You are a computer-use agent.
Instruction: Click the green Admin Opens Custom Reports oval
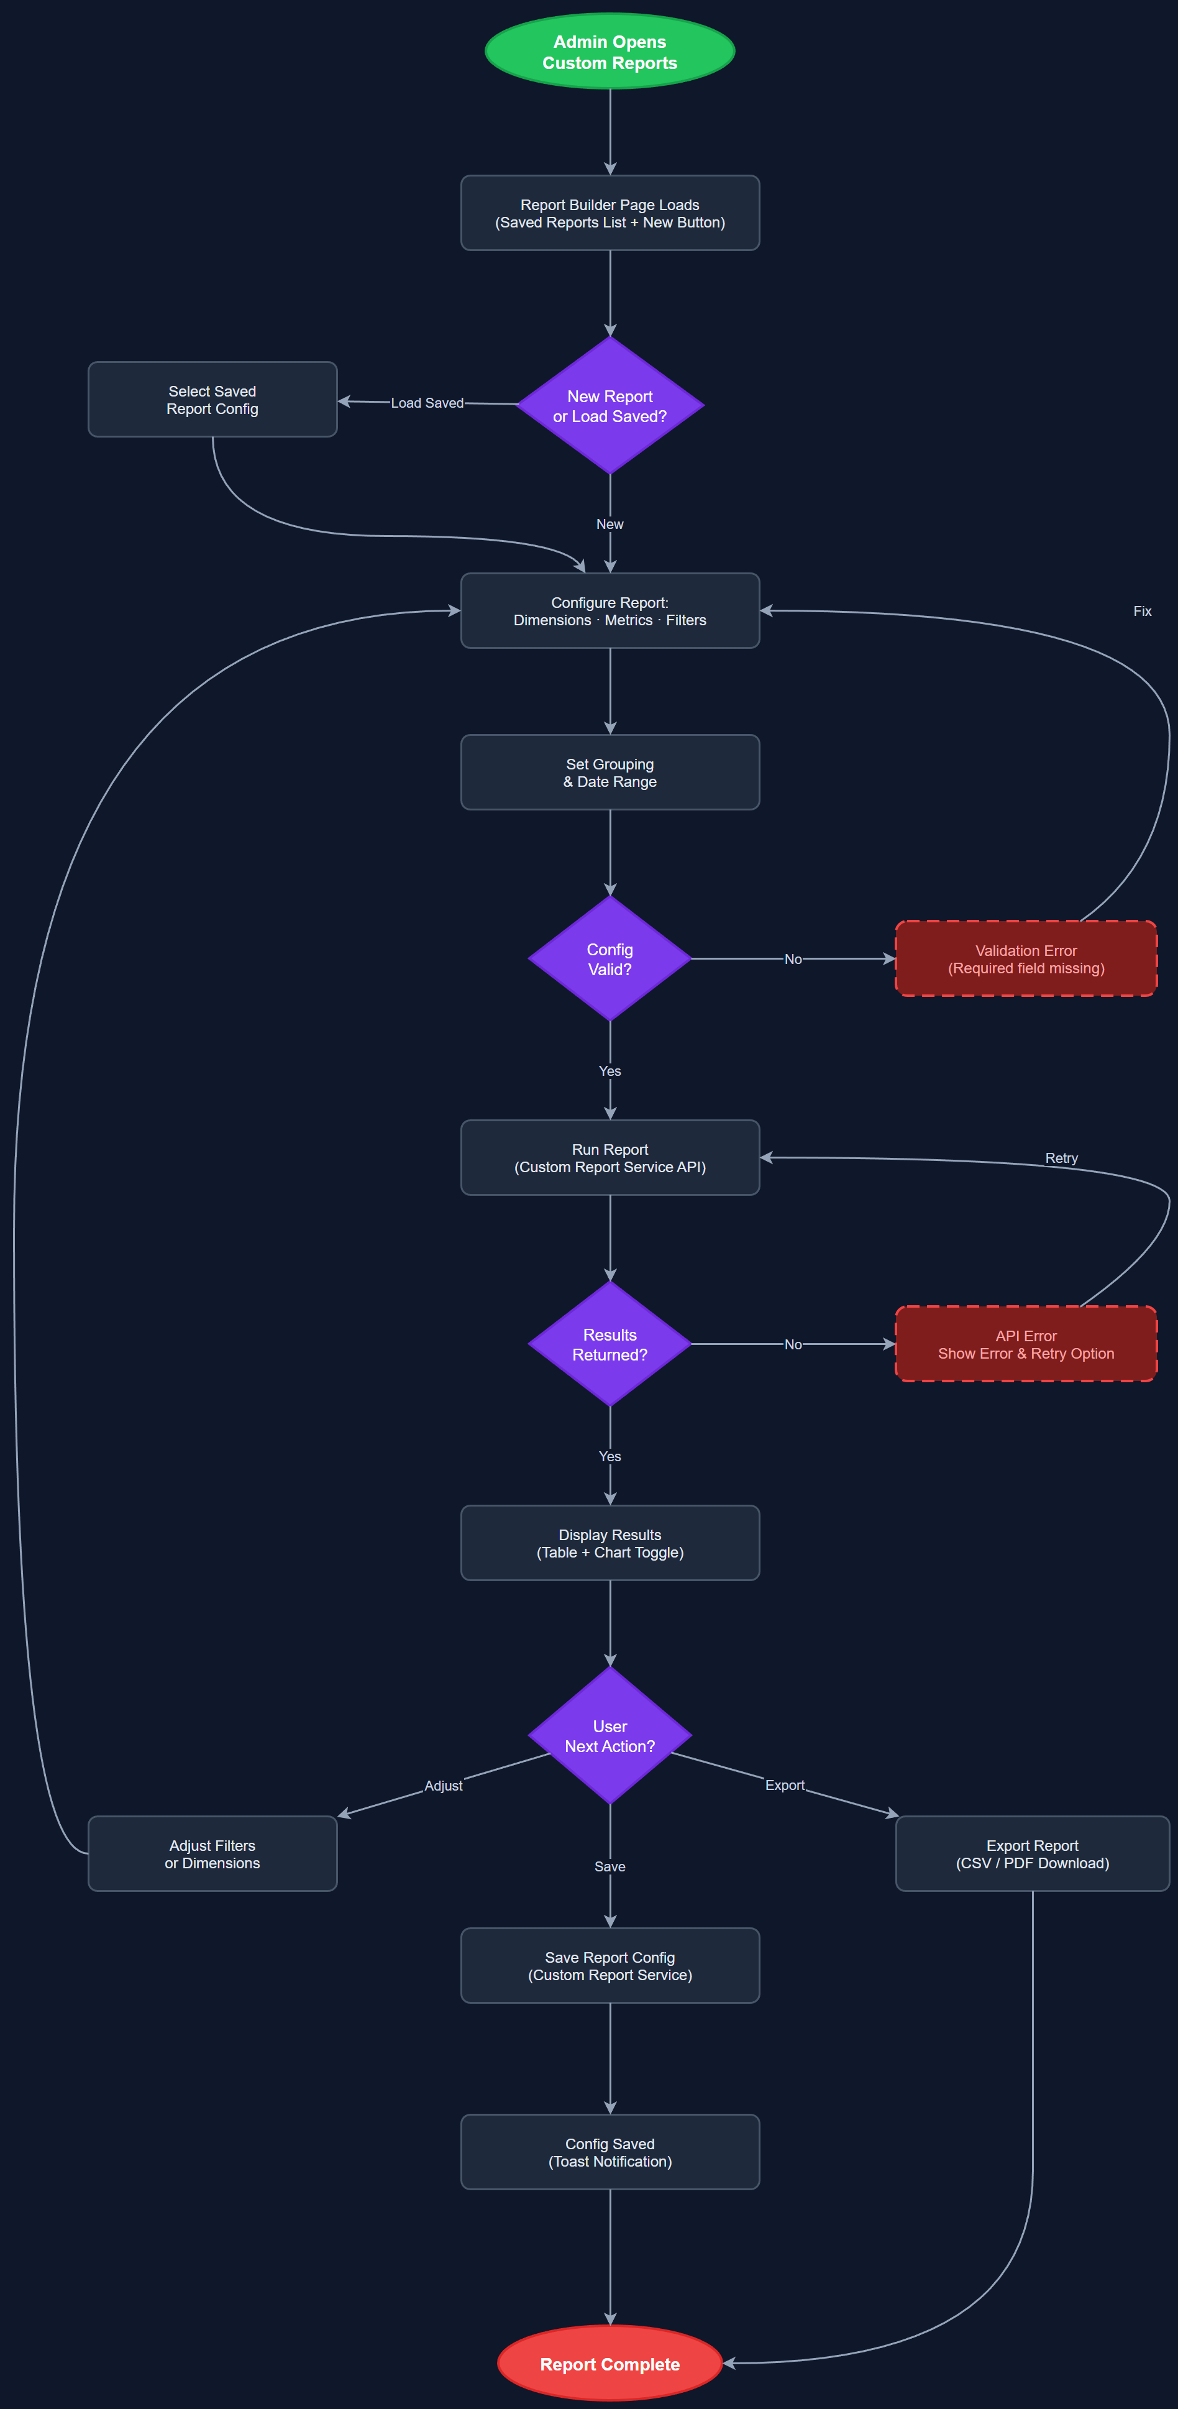pyautogui.click(x=610, y=52)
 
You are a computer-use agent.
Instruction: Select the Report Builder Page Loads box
pyautogui.click(x=610, y=213)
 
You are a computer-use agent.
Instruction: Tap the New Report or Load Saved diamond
pyautogui.click(x=610, y=406)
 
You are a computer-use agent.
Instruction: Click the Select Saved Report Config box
pyautogui.click(x=212, y=399)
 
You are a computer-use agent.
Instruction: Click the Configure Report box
pyautogui.click(x=610, y=611)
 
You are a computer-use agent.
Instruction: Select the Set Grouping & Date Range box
pyautogui.click(x=610, y=773)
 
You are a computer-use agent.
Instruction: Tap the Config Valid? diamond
pyautogui.click(x=610, y=958)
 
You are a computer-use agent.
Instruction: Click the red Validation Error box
pyautogui.click(x=1026, y=958)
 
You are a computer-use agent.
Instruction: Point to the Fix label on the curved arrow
pyautogui.click(x=1141, y=611)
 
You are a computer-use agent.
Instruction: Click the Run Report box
pyautogui.click(x=610, y=1158)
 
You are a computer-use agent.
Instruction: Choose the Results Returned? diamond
pyautogui.click(x=610, y=1344)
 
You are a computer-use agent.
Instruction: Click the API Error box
pyautogui.click(x=1026, y=1344)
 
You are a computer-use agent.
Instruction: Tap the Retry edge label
pyautogui.click(x=1061, y=1158)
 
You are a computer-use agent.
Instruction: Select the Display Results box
pyautogui.click(x=610, y=1543)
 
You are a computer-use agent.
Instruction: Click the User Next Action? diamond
pyautogui.click(x=610, y=1736)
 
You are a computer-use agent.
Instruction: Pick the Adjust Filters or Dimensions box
pyautogui.click(x=212, y=1853)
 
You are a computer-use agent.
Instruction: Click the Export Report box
pyautogui.click(x=1032, y=1853)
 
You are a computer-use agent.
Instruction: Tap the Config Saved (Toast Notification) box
pyautogui.click(x=610, y=2152)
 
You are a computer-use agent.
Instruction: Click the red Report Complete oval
pyautogui.click(x=610, y=2363)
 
